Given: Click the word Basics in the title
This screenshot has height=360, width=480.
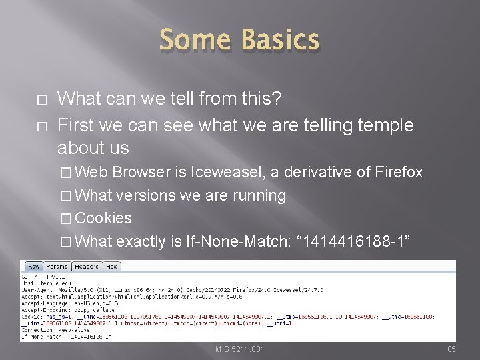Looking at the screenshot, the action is [x=281, y=40].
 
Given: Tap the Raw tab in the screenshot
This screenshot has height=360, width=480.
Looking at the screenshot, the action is [x=33, y=266].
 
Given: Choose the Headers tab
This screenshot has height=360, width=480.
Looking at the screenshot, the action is [x=86, y=266].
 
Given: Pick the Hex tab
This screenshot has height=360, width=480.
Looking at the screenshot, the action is [x=111, y=266].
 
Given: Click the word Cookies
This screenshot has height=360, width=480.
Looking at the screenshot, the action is [x=104, y=218].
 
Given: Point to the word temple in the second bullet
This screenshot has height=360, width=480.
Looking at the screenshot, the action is [x=379, y=125].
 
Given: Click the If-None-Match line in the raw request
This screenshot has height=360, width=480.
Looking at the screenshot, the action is [x=67, y=336].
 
